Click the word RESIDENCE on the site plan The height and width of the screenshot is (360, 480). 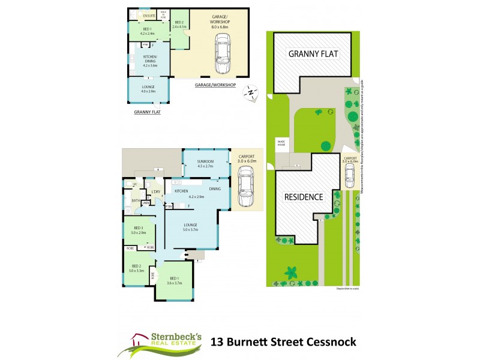[303, 197]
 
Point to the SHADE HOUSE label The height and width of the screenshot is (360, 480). [281, 143]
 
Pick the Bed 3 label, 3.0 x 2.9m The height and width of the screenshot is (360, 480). [139, 230]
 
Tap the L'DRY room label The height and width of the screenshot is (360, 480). [156, 191]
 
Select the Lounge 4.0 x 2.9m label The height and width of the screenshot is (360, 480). [148, 89]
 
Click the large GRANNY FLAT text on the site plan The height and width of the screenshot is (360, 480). [313, 54]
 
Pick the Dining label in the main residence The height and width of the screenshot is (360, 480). [215, 189]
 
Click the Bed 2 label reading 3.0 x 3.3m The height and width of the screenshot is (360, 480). [136, 268]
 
